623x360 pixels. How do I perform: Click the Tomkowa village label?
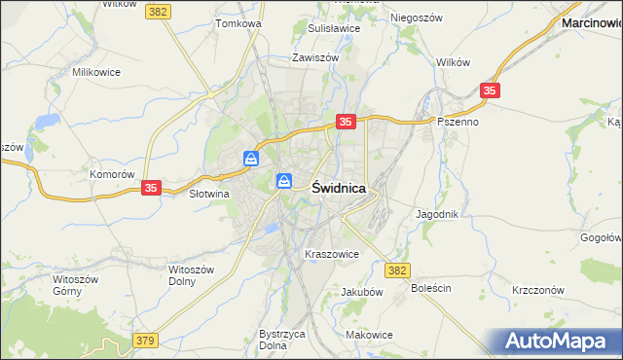pyautogui.click(x=239, y=23)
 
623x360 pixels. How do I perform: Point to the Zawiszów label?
pyautogui.click(x=315, y=57)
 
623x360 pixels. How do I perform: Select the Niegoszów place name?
pyautogui.click(x=416, y=18)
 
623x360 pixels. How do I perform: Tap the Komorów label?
pyautogui.click(x=111, y=174)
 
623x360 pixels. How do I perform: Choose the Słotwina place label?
pyautogui.click(x=207, y=194)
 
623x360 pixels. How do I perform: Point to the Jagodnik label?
pyautogui.click(x=437, y=213)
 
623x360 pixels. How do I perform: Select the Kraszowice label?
pyautogui.click(x=332, y=254)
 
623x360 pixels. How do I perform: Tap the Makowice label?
pyautogui.click(x=369, y=335)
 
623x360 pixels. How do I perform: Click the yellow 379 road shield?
pyautogui.click(x=145, y=340)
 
